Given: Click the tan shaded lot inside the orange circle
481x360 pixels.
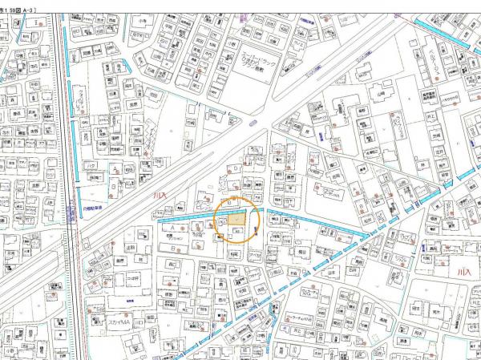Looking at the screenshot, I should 236,219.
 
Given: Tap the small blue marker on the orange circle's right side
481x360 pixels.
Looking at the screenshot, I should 256,232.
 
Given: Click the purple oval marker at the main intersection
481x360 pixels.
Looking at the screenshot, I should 253,123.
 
